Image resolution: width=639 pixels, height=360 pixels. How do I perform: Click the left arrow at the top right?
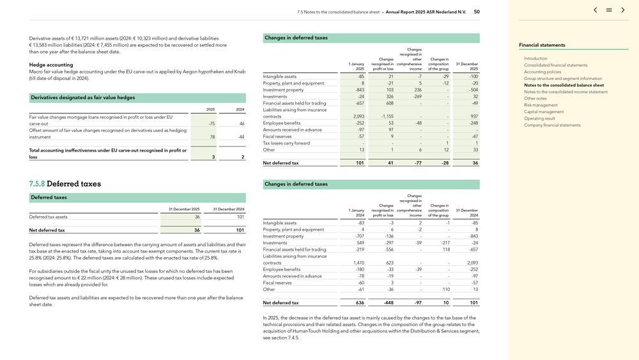point(596,10)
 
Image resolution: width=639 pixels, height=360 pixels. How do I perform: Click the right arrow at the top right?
point(623,10)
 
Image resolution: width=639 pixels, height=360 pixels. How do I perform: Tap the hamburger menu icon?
point(609,10)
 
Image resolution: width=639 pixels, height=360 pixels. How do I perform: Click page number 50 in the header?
point(477,12)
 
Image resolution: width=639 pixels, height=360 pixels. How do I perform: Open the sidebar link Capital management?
point(543,112)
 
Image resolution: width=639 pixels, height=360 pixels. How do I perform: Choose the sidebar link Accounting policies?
point(543,72)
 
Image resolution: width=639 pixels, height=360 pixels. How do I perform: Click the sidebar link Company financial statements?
point(552,125)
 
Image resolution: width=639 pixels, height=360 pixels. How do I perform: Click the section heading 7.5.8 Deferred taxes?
point(65,184)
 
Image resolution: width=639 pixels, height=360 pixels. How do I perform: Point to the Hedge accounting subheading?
point(51,65)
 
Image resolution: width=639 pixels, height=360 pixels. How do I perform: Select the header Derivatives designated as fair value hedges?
point(82,98)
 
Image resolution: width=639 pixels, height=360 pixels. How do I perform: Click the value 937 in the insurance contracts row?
point(473,116)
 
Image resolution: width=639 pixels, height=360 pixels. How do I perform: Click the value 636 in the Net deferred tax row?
point(359,303)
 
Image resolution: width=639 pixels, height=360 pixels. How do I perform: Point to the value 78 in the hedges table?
point(212,137)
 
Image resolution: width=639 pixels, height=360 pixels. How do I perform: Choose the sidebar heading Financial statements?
point(542,45)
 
